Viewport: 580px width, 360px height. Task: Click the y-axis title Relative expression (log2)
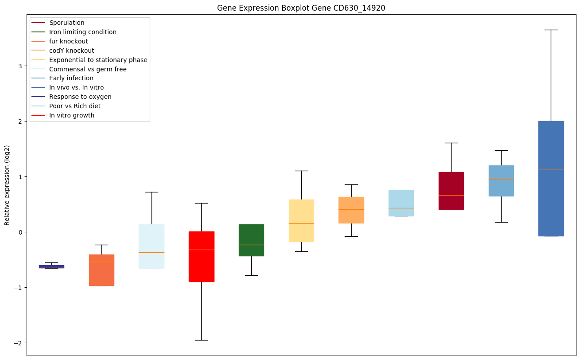coord(7,185)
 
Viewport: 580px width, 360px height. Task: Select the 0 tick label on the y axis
coord(20,232)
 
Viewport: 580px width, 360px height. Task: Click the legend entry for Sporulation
coord(67,23)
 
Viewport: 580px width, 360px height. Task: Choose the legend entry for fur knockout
coord(69,41)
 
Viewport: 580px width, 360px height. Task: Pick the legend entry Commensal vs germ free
coord(88,69)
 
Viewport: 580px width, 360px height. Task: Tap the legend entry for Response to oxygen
coord(80,97)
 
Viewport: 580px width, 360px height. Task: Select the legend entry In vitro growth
coord(72,115)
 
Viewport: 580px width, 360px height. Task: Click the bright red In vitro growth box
coord(202,256)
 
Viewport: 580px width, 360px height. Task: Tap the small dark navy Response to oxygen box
coord(51,266)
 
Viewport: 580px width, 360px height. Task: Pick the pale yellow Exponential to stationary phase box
coord(301,220)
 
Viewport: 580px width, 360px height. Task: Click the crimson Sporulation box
coord(451,191)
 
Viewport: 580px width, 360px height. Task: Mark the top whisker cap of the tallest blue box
coord(551,30)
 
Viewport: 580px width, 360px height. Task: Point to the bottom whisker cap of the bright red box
coord(202,340)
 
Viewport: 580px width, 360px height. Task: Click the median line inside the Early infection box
coord(501,179)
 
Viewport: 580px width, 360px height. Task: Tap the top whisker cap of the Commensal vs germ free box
coord(152,192)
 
